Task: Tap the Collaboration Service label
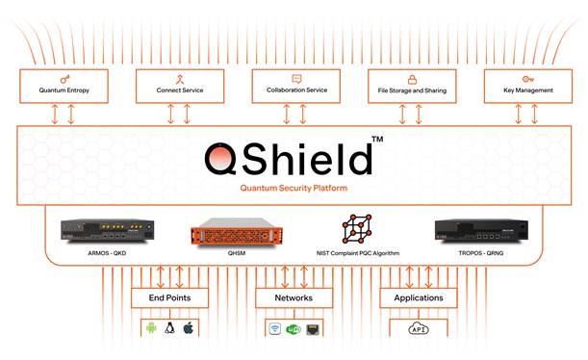click(296, 90)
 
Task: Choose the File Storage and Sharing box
click(413, 85)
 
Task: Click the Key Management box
click(529, 85)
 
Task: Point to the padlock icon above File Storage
click(413, 78)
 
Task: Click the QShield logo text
click(289, 158)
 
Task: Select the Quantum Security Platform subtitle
click(293, 189)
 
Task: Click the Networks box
click(294, 298)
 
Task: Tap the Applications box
click(418, 298)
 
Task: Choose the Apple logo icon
click(189, 329)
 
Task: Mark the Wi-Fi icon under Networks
click(273, 329)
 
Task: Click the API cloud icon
click(418, 329)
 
